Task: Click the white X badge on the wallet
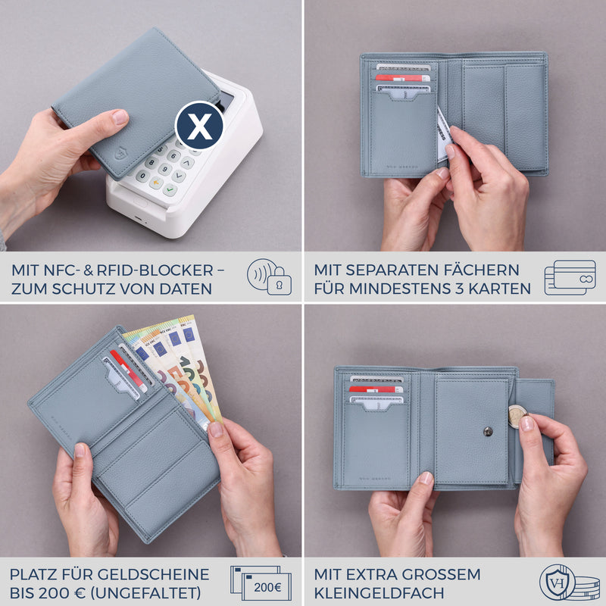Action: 199,126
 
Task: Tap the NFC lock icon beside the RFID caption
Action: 270,277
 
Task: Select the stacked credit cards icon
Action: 570,277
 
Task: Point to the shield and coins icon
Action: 569,583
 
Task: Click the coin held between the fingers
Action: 517,416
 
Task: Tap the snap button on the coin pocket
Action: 488,432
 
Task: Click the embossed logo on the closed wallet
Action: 120,155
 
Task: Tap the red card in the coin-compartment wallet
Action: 376,389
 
